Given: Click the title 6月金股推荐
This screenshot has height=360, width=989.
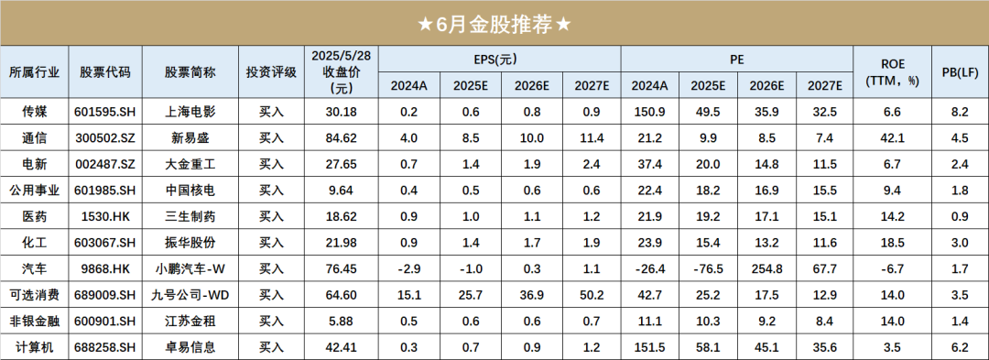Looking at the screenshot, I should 494,24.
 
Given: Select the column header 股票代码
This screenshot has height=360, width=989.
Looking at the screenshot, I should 105,72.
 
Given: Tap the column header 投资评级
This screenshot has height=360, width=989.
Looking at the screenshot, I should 272,72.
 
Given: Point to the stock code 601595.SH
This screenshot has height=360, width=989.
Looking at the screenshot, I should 105,112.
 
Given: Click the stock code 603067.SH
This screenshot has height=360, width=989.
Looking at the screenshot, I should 105,243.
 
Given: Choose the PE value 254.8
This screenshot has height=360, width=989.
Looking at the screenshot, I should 766,269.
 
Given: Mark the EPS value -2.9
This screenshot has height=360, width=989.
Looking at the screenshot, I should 408,269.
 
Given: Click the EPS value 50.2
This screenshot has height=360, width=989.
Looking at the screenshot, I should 591,296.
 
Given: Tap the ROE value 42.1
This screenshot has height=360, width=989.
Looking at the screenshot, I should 892,138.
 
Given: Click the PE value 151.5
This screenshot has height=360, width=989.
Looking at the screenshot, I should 649,348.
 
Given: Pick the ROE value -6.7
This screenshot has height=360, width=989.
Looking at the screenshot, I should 892,269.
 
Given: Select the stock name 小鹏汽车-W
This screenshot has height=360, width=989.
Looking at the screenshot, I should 190,269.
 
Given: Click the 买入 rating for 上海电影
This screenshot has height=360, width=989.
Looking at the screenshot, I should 272,112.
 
